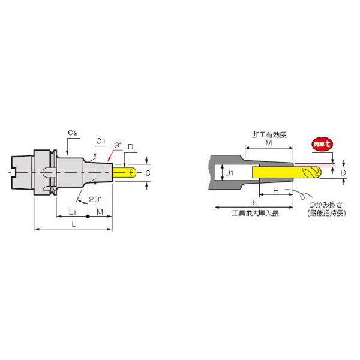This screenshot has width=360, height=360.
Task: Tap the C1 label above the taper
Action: (101, 142)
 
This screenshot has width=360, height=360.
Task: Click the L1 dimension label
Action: (72, 212)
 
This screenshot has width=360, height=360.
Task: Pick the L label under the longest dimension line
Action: (73, 224)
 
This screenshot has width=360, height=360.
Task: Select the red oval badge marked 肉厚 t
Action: (323, 145)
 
